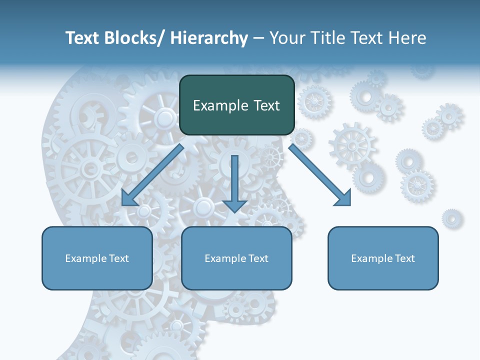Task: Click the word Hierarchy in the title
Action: [x=209, y=38]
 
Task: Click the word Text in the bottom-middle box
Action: [x=258, y=258]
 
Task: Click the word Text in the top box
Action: [x=266, y=105]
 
